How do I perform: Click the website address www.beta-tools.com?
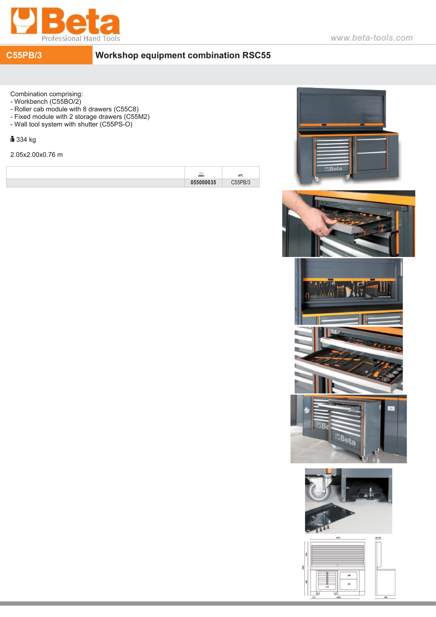(x=371, y=38)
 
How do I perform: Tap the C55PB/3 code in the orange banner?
(x=24, y=55)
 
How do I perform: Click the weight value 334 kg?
(x=26, y=140)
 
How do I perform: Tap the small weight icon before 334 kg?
(x=12, y=139)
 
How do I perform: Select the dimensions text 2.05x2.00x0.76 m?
(x=36, y=155)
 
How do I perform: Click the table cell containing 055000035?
(x=203, y=183)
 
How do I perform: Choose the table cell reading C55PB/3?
(x=241, y=183)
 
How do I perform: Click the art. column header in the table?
(x=241, y=175)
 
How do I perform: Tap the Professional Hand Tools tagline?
(x=81, y=38)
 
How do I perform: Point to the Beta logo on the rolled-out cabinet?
(x=345, y=439)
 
